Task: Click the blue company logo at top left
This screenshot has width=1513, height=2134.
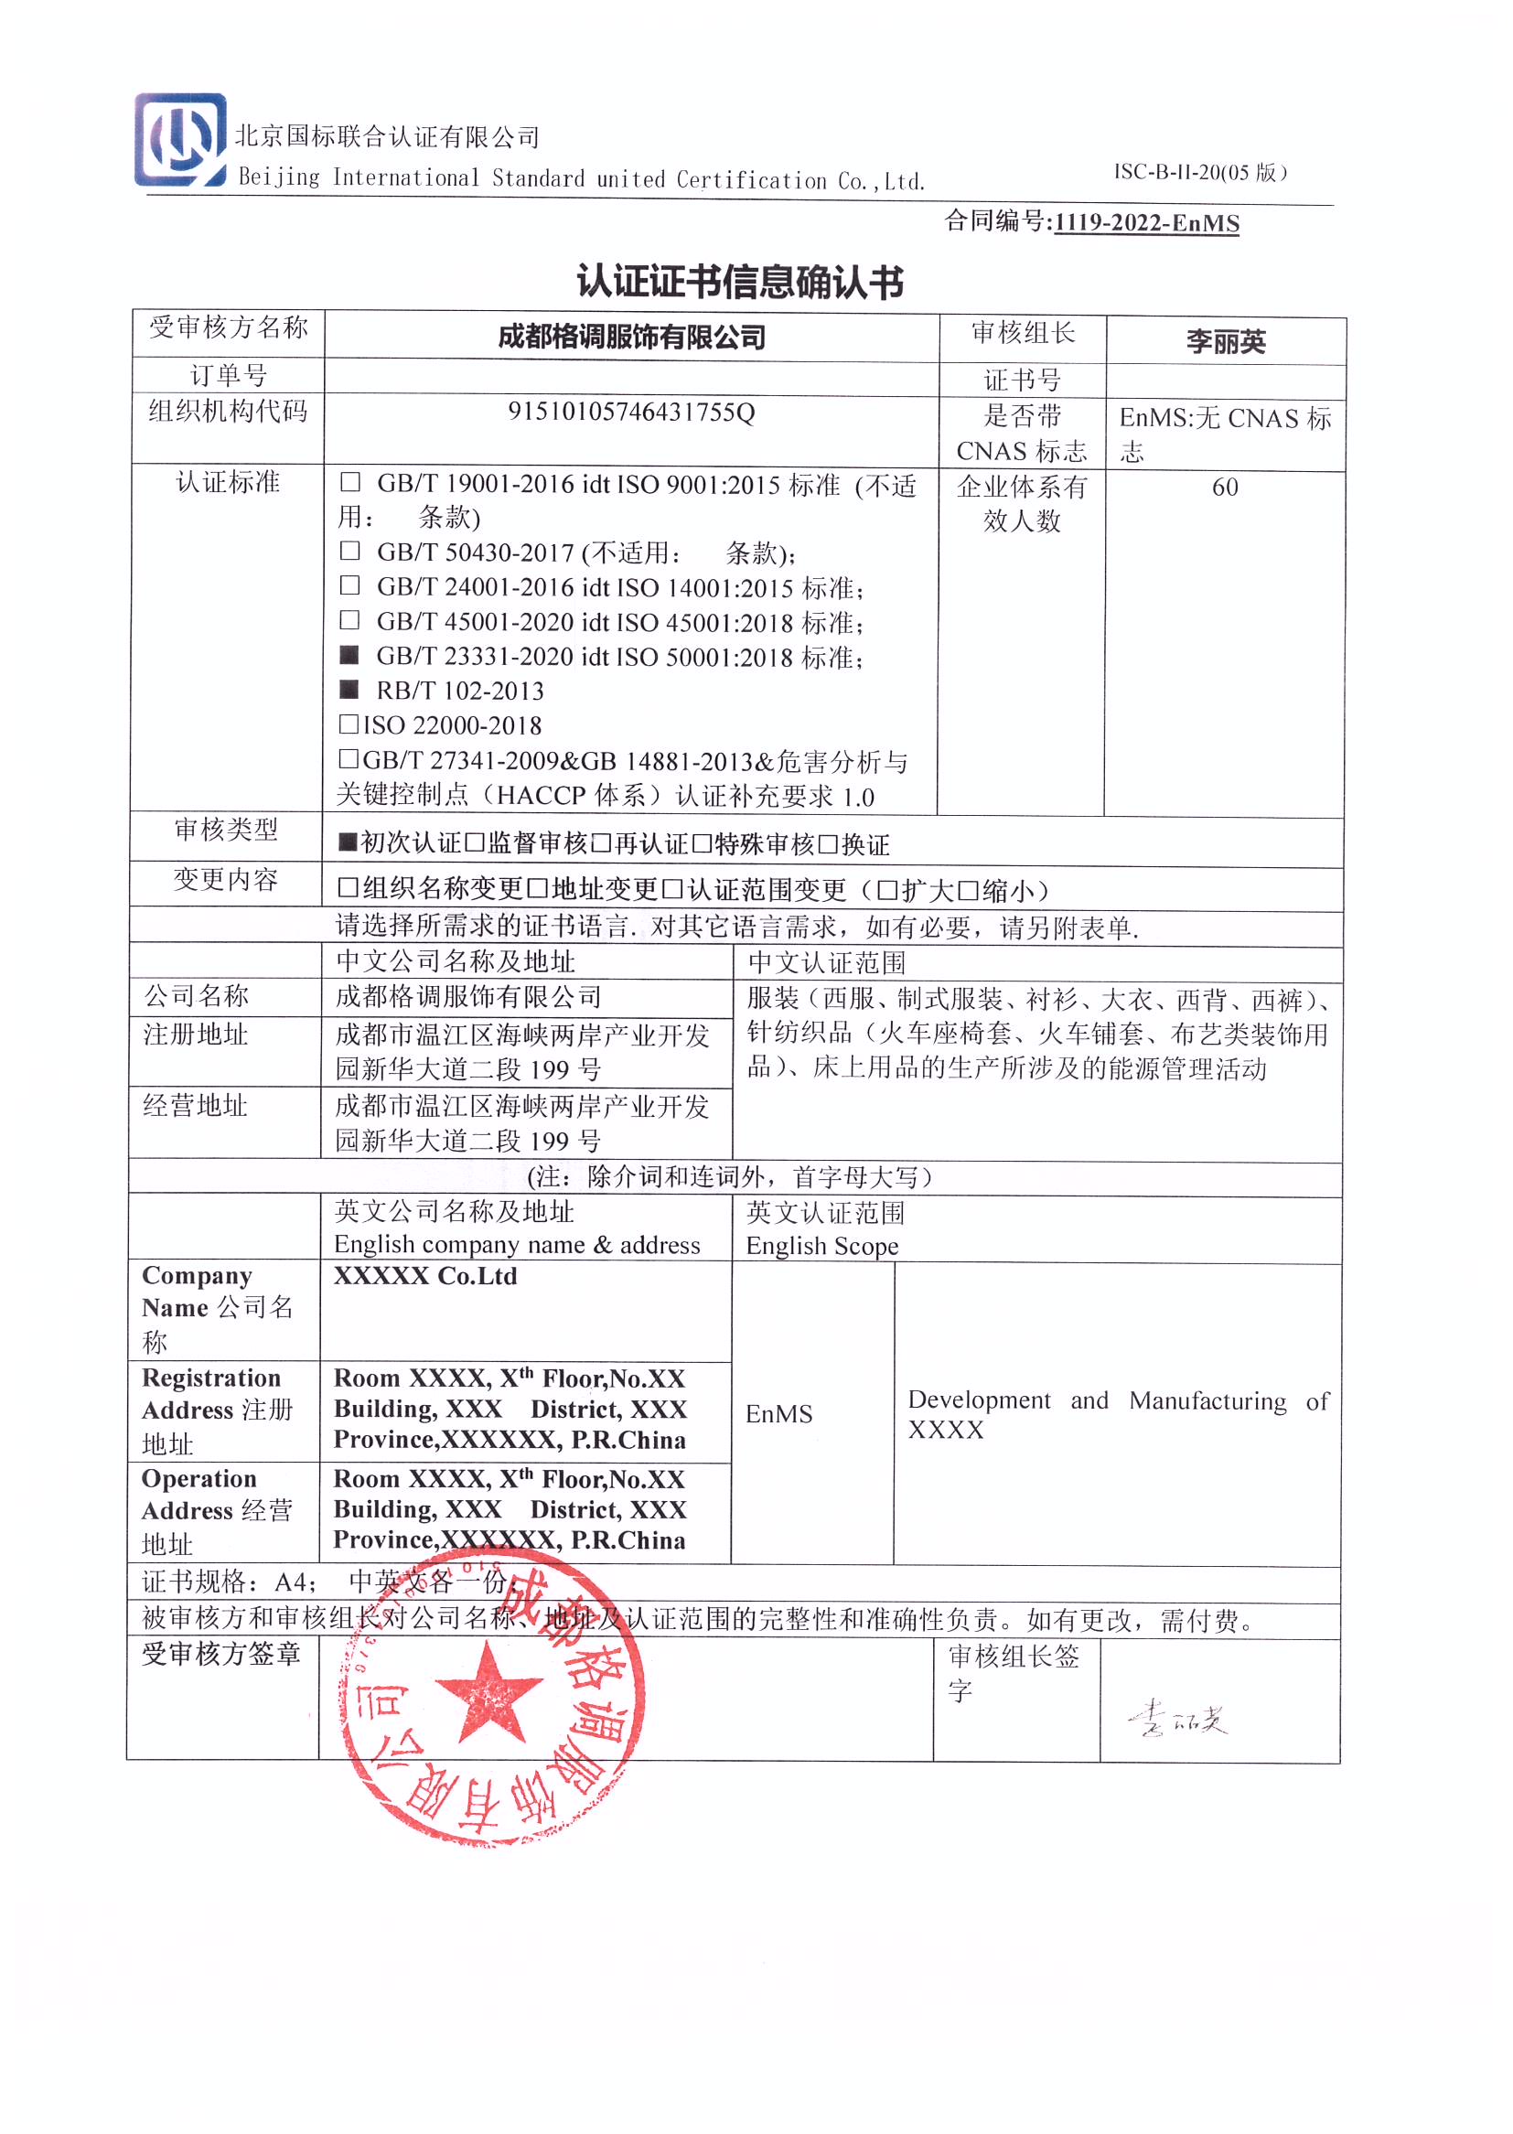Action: pyautogui.click(x=180, y=140)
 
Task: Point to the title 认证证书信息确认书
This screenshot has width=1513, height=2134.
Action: pyautogui.click(x=740, y=282)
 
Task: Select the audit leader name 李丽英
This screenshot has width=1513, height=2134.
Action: pyautogui.click(x=1225, y=342)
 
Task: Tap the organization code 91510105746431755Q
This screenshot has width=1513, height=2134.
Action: pyautogui.click(x=631, y=412)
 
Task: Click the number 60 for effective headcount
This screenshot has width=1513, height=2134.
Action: pyautogui.click(x=1224, y=488)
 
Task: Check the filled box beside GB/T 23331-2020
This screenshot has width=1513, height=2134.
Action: pyautogui.click(x=349, y=655)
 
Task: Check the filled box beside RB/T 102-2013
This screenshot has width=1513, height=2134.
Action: pyautogui.click(x=349, y=690)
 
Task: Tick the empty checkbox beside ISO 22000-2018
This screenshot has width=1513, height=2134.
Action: pyautogui.click(x=349, y=724)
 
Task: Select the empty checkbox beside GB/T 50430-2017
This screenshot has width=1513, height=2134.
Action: pyautogui.click(x=349, y=551)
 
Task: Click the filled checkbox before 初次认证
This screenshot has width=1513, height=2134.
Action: pyautogui.click(x=348, y=843)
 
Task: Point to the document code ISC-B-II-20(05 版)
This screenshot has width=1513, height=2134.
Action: pyautogui.click(x=1200, y=172)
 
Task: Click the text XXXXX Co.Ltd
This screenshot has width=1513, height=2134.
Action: pyautogui.click(x=424, y=1276)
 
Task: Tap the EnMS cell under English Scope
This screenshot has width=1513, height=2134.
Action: pyautogui.click(x=778, y=1414)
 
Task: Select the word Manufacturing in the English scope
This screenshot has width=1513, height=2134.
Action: pyautogui.click(x=1207, y=1401)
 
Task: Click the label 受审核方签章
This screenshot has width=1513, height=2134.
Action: pyautogui.click(x=220, y=1655)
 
